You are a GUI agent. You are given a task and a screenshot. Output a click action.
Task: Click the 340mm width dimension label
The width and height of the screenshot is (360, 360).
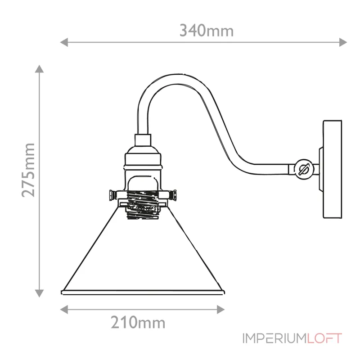coord(207,31)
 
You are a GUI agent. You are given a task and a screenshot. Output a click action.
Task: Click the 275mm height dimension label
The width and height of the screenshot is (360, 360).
coord(29,170)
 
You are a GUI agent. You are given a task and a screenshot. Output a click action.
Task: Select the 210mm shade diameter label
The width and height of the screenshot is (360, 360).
coord(138,322)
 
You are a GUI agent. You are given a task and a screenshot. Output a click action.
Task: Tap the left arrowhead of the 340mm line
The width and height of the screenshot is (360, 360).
coord(63,43)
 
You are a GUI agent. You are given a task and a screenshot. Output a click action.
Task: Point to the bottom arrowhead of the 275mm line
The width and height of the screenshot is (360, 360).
coord(40,293)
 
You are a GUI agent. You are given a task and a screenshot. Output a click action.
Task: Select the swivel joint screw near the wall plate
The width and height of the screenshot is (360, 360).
coord(305,170)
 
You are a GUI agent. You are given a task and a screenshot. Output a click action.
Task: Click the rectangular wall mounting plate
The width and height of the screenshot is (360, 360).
coord(333,169)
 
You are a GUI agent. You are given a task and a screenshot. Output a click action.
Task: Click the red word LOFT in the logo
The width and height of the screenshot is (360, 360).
coord(324,338)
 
